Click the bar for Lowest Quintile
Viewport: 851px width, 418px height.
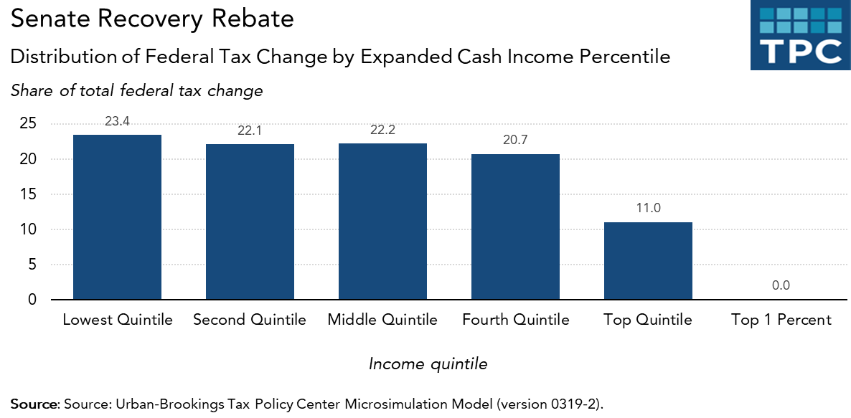click(117, 217)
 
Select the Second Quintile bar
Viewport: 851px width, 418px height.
click(250, 222)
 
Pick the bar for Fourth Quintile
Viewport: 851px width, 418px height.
click(515, 227)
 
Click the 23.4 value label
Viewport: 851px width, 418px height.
click(117, 122)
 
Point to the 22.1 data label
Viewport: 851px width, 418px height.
click(250, 131)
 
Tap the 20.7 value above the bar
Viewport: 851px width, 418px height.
click(515, 141)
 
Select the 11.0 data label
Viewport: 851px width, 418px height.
click(648, 209)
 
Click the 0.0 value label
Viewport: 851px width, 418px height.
click(781, 285)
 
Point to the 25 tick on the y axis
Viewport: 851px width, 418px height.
click(27, 124)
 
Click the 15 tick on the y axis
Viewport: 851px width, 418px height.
click(27, 194)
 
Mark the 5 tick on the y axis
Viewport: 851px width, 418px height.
click(32, 265)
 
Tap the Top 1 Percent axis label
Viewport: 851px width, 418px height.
click(781, 320)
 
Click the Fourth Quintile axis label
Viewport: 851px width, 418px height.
click(515, 320)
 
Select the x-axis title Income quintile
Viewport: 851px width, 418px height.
click(428, 364)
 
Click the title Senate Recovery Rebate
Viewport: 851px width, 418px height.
click(152, 19)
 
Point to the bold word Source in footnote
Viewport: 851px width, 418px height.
click(34, 403)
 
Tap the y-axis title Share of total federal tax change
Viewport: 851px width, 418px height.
click(136, 91)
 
